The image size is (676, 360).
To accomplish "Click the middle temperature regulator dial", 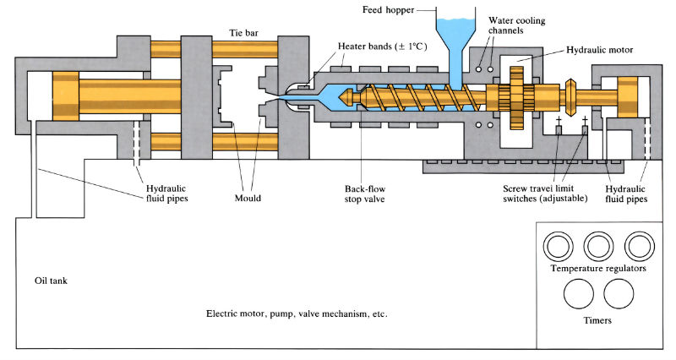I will click(x=598, y=246).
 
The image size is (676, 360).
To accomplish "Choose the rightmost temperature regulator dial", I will click(x=639, y=246).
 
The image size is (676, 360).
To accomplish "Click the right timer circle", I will click(x=619, y=295).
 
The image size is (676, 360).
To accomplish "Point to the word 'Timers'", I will click(x=598, y=321).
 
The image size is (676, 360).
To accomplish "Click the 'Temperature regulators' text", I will click(x=599, y=268).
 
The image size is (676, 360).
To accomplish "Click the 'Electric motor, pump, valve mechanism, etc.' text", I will click(x=296, y=313).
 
